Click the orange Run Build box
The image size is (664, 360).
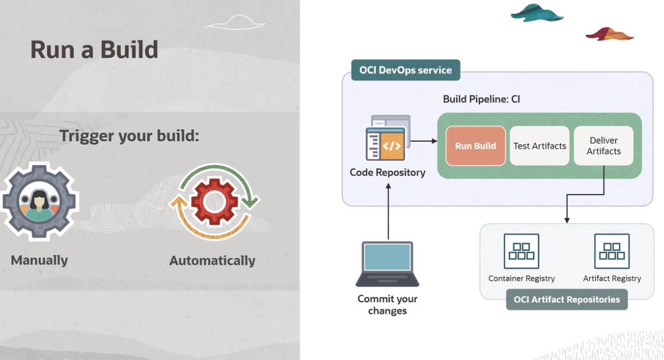click(475, 146)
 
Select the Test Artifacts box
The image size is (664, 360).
click(539, 146)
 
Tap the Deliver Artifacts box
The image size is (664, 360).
click(604, 146)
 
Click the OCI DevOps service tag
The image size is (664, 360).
click(405, 70)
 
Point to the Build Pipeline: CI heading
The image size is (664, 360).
click(482, 99)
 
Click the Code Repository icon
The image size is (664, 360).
click(387, 139)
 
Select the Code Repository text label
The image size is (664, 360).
click(388, 172)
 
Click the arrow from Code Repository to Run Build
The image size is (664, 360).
click(423, 141)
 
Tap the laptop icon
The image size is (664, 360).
click(388, 263)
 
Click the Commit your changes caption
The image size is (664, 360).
click(388, 305)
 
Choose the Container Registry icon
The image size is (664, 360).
click(521, 251)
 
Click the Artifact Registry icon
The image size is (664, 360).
click(612, 251)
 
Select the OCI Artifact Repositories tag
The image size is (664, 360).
click(567, 300)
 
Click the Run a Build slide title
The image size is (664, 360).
click(94, 50)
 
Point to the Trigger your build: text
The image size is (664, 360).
click(129, 136)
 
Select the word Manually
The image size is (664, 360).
click(39, 260)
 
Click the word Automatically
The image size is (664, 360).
click(212, 261)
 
